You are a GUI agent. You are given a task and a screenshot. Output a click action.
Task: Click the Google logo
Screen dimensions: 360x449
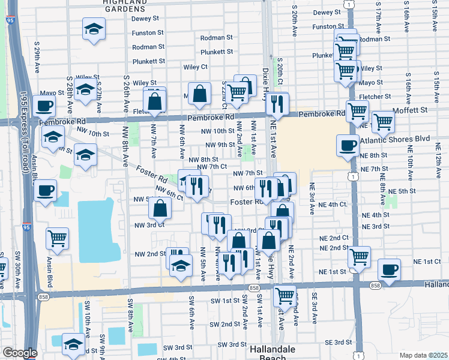[x=19, y=353]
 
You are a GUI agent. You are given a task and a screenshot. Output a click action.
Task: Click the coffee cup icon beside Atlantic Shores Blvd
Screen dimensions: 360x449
[x=347, y=145]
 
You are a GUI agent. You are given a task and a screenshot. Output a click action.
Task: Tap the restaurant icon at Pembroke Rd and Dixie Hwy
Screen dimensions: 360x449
[x=277, y=103]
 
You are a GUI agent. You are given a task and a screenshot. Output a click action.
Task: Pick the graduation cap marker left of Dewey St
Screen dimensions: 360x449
[x=93, y=29]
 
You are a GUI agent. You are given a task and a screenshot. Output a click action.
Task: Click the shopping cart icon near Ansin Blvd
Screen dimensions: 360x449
[x=57, y=238]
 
